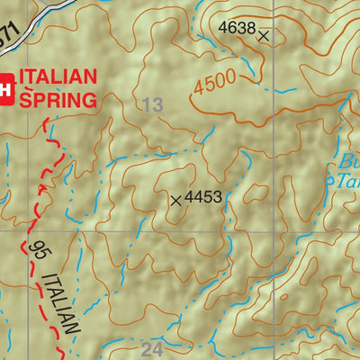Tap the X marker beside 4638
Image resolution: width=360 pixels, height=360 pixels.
(x=264, y=36)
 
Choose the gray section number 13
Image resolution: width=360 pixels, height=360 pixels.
(x=153, y=105)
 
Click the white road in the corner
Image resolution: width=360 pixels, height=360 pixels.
(x=45, y=12)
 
